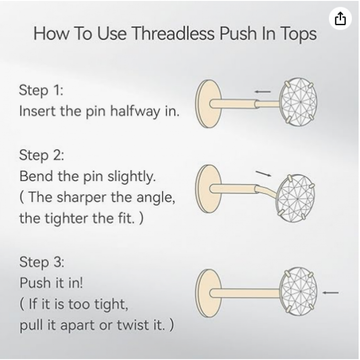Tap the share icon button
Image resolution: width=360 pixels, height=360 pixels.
coord(340,18)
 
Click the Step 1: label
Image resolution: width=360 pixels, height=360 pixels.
coord(41,90)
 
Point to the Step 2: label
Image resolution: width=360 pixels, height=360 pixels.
coord(41,155)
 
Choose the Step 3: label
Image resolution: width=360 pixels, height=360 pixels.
coord(42,262)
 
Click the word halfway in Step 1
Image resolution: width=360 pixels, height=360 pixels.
coord(135,111)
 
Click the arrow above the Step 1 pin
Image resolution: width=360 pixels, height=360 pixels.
coord(263,92)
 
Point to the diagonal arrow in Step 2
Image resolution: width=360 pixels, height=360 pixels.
coord(264,174)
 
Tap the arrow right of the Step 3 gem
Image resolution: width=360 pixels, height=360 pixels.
coord(330,292)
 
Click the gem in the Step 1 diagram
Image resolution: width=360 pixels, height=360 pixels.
coord(298,102)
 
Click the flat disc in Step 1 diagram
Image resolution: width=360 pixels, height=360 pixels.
coord(208,104)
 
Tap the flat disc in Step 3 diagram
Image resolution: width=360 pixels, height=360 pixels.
coord(208,293)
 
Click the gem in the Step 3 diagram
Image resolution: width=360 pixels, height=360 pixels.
coord(299,292)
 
